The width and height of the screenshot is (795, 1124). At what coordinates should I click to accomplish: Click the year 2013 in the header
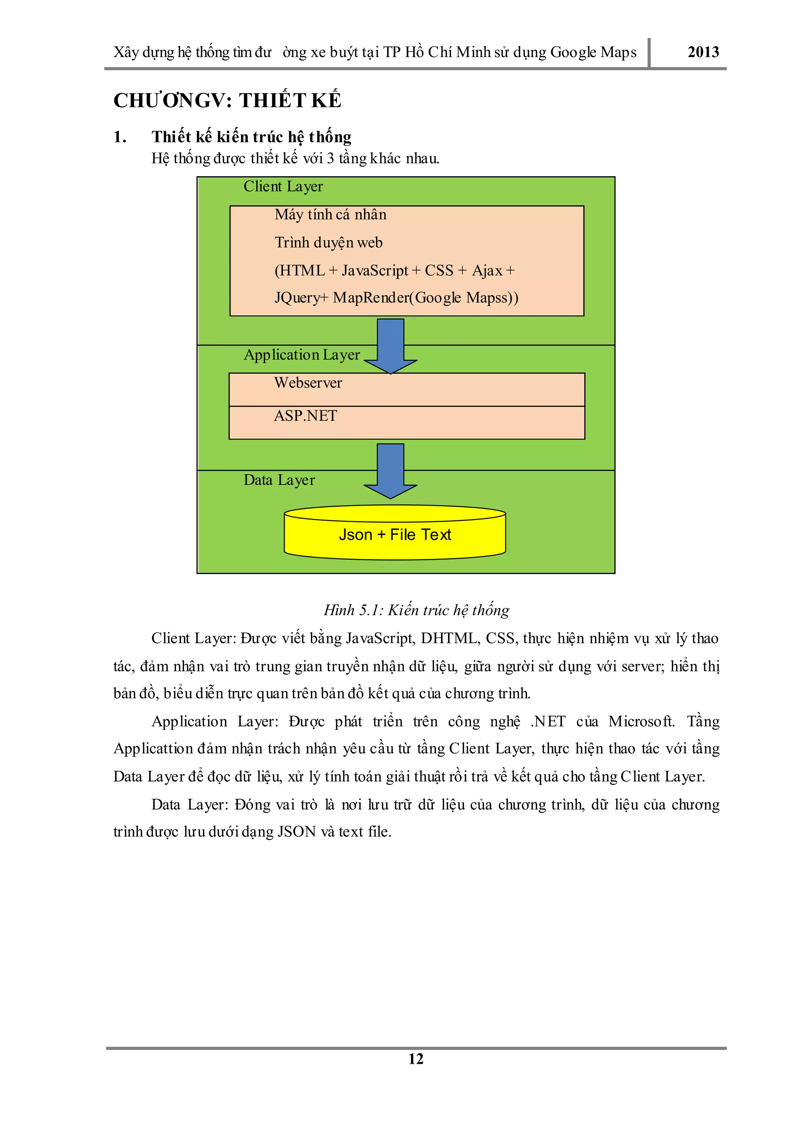pos(703,52)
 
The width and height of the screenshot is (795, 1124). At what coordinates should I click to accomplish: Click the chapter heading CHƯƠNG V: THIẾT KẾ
pos(227,101)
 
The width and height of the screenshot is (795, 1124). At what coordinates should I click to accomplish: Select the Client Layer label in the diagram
pos(283,187)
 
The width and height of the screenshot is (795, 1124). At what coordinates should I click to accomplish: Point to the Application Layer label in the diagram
pos(302,354)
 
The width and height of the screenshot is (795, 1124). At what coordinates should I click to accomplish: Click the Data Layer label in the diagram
pos(279,480)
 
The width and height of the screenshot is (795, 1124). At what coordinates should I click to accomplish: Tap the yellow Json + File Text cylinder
pos(394,534)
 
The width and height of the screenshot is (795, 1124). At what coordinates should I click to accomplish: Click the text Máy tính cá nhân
pos(330,214)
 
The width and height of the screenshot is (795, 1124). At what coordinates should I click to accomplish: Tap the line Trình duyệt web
pos(328,242)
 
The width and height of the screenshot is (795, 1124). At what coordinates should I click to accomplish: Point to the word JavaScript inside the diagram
pos(375,270)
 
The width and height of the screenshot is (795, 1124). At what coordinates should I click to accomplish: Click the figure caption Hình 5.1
pos(416,610)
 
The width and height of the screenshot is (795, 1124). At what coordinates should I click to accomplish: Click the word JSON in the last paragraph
pos(297,832)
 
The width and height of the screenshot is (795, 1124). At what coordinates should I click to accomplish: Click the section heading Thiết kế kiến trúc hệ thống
pos(251,137)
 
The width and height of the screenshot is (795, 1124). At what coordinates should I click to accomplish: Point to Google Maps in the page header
pos(593,52)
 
